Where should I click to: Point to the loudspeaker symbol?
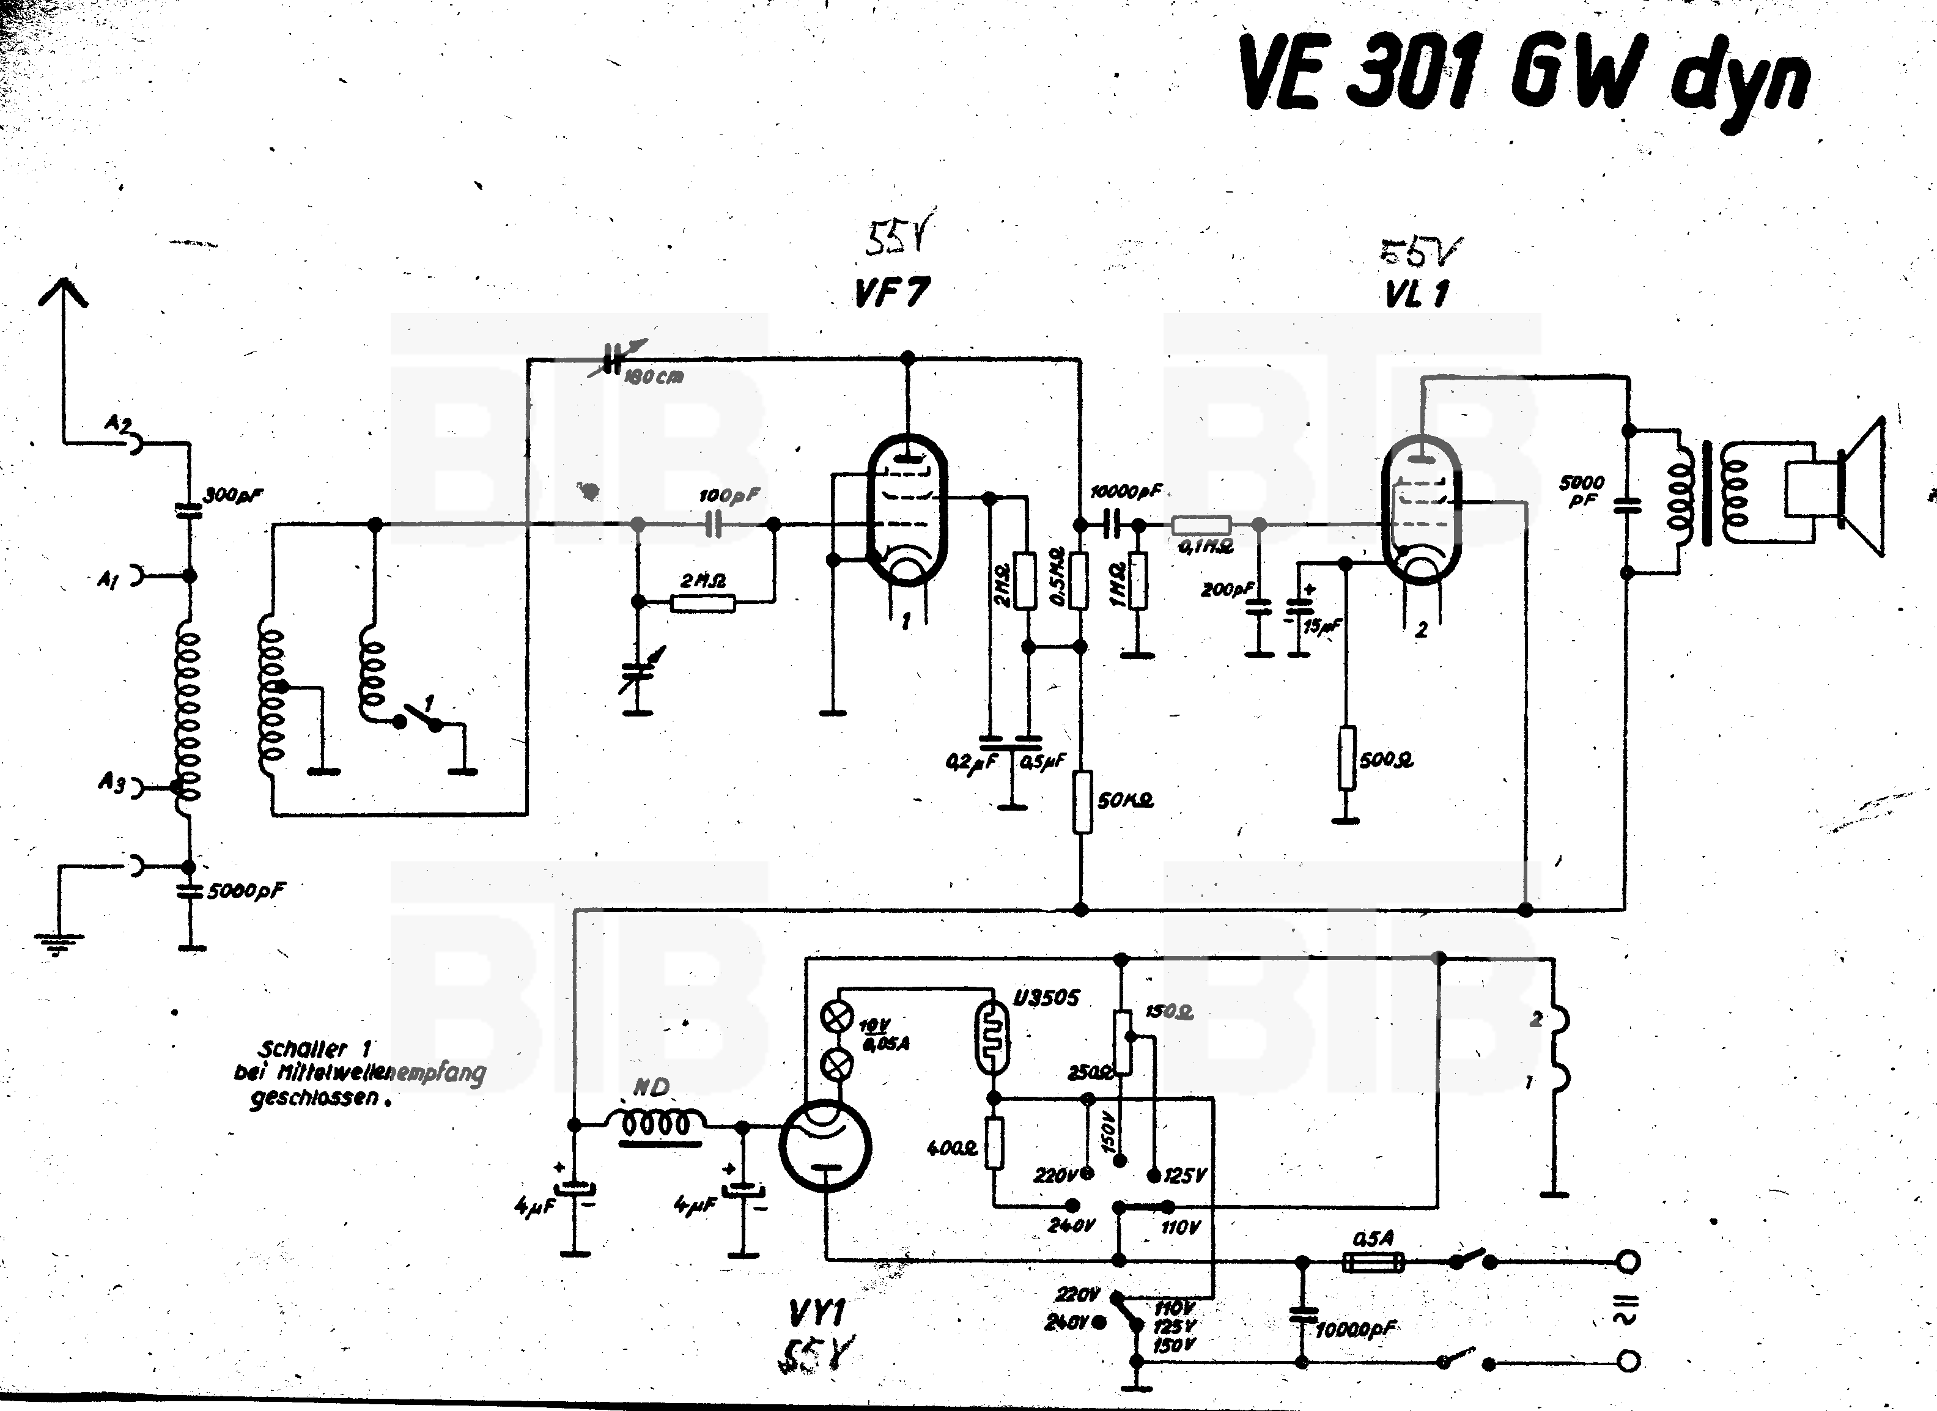[x=1836, y=487]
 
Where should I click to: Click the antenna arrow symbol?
[x=62, y=291]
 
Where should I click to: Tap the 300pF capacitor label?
[x=232, y=495]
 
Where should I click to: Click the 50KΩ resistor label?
[x=1126, y=800]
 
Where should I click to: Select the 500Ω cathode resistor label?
[x=1385, y=759]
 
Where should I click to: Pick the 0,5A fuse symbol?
[x=1373, y=1262]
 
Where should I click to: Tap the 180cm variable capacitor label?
[x=654, y=377]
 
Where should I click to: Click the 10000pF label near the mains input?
[x=1356, y=1329]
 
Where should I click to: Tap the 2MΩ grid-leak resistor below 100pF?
[x=703, y=603]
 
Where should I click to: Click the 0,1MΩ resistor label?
[x=1205, y=547]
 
